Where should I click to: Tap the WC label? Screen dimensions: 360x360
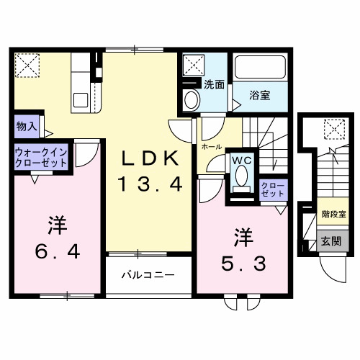click(240, 161)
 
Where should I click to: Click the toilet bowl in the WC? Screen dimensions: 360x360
click(240, 176)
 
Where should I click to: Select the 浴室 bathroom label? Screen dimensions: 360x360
click(261, 95)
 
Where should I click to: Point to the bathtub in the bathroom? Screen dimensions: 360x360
click(261, 71)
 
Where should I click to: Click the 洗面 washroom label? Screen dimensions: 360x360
click(213, 84)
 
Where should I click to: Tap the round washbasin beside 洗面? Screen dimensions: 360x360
click(192, 100)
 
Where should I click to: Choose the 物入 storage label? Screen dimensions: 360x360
click(26, 126)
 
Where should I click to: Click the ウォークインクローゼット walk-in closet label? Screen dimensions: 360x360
click(41, 157)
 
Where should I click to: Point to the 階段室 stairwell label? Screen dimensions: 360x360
click(333, 215)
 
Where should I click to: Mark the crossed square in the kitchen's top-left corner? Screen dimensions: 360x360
click(28, 66)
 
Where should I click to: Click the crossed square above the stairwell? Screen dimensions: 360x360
click(333, 130)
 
